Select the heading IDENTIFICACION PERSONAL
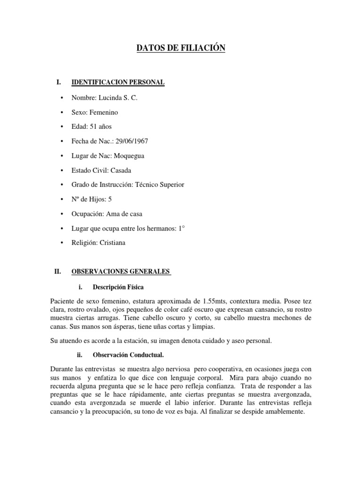117,83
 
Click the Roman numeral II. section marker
58,272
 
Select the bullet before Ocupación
62,214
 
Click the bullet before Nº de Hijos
62,200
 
